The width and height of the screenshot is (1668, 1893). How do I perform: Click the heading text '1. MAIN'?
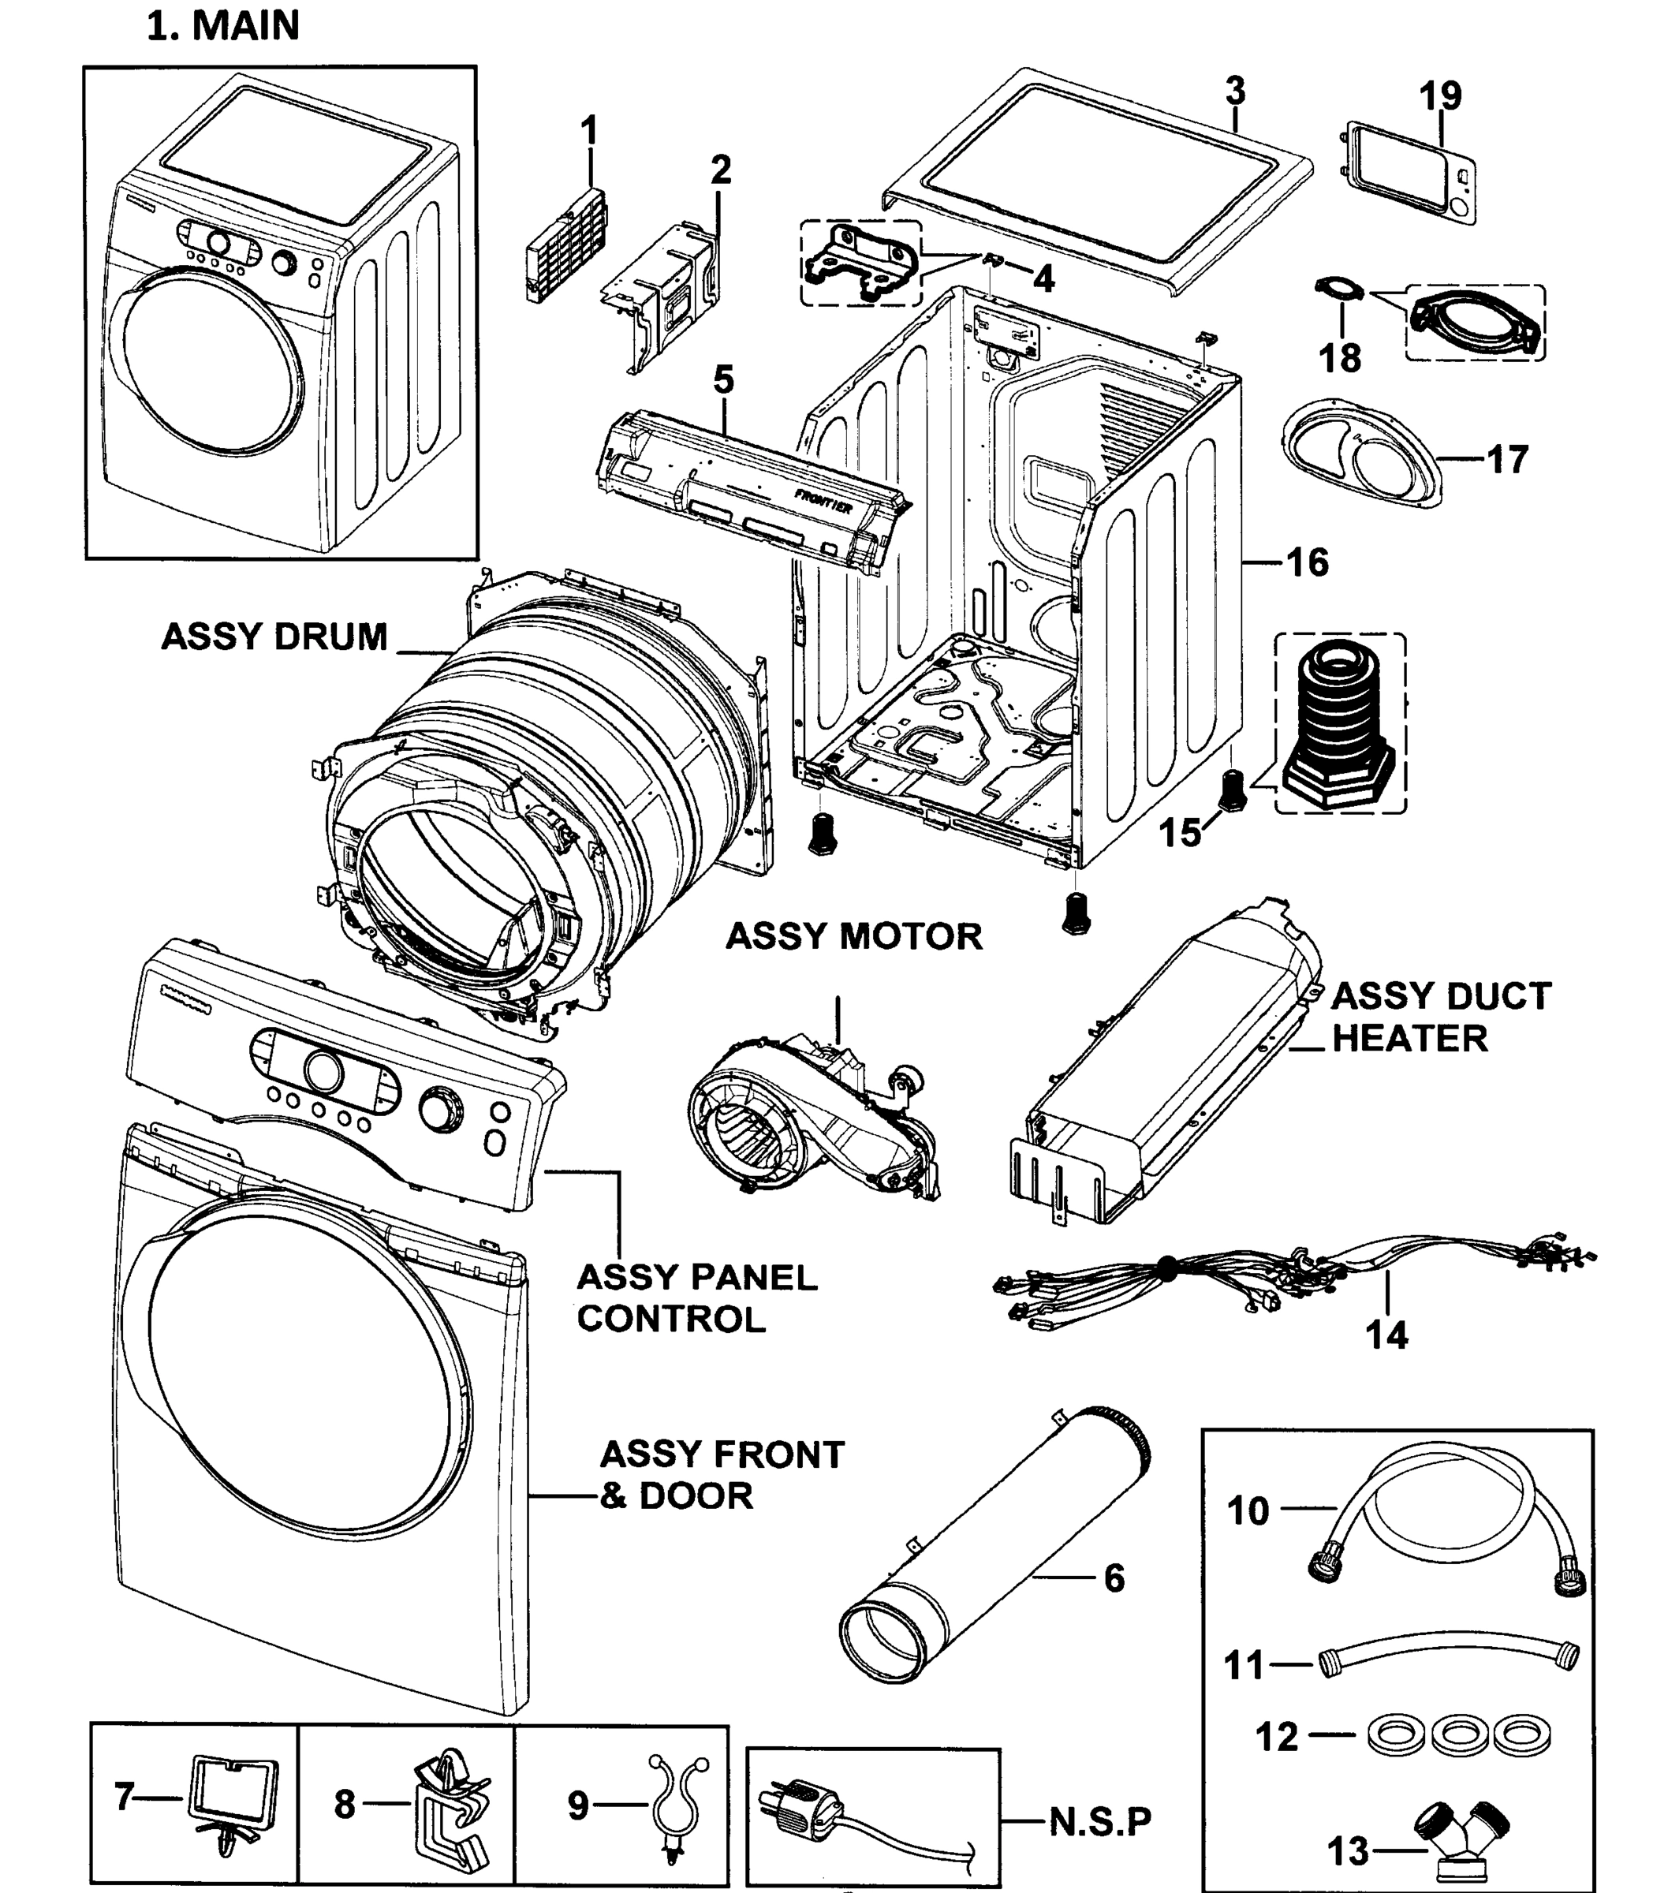[x=223, y=26]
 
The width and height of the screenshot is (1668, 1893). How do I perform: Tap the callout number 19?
[x=1440, y=95]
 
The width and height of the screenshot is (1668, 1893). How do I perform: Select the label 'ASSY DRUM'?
[x=274, y=637]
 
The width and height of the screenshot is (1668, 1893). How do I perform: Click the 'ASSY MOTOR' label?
[x=853, y=936]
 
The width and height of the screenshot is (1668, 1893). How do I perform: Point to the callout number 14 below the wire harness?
[x=1386, y=1335]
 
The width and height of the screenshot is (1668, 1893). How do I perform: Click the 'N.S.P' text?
[x=1100, y=1822]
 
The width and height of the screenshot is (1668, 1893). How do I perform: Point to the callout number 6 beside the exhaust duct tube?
[x=1114, y=1577]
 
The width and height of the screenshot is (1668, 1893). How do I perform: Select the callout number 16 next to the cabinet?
[x=1308, y=562]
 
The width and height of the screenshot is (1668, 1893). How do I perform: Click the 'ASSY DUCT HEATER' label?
[x=1440, y=1017]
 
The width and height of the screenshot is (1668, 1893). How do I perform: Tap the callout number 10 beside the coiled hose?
[x=1247, y=1510]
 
